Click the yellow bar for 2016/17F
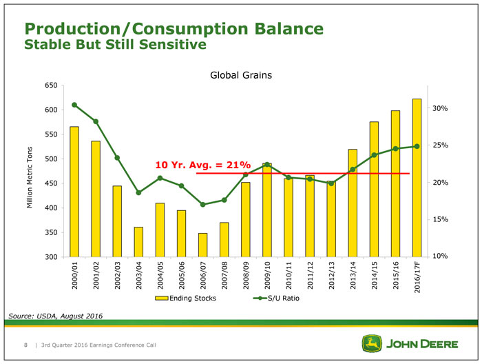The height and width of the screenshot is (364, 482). (417, 178)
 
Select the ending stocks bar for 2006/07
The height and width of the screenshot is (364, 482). (202, 245)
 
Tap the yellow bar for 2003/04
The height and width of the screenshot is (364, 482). (138, 241)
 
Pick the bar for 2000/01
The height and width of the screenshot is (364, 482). (74, 192)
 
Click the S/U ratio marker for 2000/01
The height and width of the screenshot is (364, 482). (74, 105)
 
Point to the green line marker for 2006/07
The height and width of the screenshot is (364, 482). (202, 205)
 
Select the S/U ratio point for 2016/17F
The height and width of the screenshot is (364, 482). (417, 146)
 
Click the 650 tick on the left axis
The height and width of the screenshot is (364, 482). (50, 85)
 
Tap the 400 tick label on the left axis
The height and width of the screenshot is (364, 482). (50, 208)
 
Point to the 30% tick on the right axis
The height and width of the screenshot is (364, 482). (441, 109)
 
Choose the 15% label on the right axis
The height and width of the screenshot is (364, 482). (441, 219)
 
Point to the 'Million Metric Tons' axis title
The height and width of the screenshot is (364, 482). (30, 179)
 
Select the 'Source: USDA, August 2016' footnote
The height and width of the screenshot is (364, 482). (55, 316)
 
